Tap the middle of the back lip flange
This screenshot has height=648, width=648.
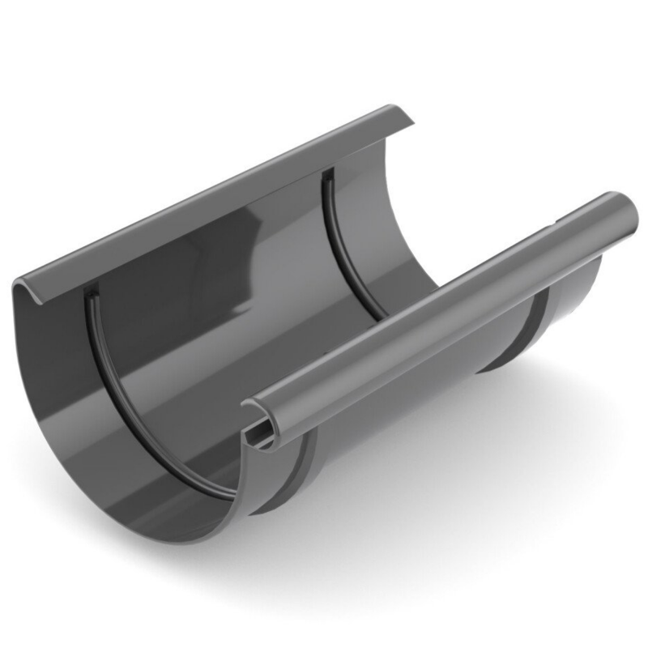(x=211, y=198)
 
